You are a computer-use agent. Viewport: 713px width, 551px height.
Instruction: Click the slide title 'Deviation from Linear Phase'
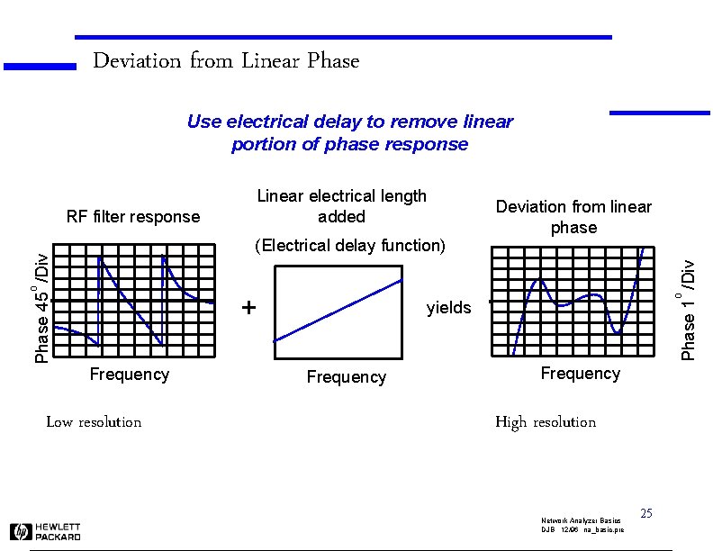click(x=226, y=61)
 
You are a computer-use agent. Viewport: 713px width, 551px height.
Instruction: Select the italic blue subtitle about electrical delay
click(x=349, y=132)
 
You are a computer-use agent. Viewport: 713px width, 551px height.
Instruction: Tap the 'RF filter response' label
click(x=133, y=216)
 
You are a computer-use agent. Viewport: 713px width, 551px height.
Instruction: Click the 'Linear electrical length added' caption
click(x=341, y=206)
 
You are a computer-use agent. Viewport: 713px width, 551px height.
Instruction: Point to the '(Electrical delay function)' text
click(x=349, y=245)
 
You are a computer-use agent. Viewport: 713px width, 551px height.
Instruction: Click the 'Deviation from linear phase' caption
click(x=573, y=217)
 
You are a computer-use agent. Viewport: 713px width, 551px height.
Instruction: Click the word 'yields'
click(x=448, y=308)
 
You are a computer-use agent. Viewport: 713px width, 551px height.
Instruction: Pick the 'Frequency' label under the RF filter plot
click(x=130, y=375)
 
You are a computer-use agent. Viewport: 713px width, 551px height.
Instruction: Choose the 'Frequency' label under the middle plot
click(x=346, y=377)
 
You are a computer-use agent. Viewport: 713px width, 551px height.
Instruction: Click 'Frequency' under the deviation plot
click(x=580, y=374)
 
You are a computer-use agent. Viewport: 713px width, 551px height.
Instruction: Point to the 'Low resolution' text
click(x=94, y=422)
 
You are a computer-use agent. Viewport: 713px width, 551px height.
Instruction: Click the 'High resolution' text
click(x=546, y=422)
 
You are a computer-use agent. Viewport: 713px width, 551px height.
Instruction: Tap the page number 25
click(x=645, y=513)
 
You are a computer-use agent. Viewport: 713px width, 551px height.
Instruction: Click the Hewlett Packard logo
click(x=45, y=531)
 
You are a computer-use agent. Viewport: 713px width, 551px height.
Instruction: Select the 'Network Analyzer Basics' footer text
click(x=581, y=521)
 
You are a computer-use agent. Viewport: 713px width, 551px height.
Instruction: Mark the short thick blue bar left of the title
click(x=40, y=66)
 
